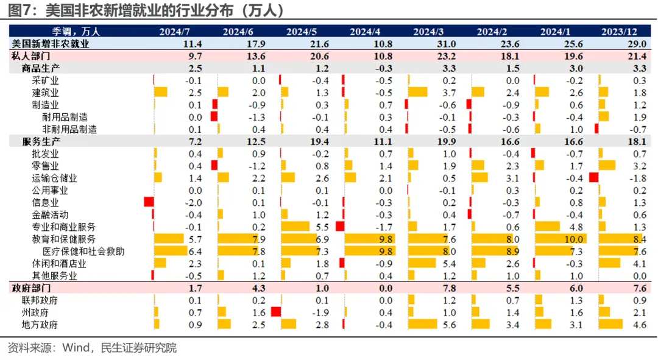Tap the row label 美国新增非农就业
point(51,43)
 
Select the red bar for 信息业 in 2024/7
point(148,202)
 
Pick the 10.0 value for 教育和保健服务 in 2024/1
point(575,239)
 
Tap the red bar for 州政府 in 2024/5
point(275,312)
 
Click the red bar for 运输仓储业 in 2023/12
point(593,178)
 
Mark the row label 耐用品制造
point(65,117)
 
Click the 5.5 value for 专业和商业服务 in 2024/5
point(322,227)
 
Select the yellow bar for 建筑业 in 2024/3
point(418,93)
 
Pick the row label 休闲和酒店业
point(58,263)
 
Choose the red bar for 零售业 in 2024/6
point(214,166)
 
